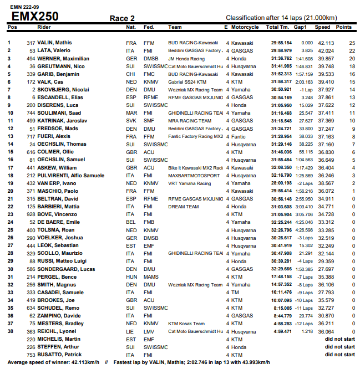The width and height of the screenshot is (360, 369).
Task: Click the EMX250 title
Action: [35, 16]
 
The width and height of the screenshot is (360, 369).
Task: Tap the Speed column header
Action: [322, 27]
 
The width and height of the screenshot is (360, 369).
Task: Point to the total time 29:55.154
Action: [281, 43]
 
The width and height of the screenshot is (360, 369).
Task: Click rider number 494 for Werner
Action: [31, 58]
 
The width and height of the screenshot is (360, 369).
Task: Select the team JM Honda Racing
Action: [186, 58]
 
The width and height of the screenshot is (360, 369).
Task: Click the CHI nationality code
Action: [131, 74]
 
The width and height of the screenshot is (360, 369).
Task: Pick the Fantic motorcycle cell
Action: [239, 136]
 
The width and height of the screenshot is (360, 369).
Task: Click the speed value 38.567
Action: [325, 183]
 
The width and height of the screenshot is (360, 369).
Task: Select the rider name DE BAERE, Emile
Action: [59, 222]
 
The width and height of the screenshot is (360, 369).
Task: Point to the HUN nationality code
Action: [131, 276]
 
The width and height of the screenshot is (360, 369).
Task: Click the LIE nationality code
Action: [130, 331]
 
